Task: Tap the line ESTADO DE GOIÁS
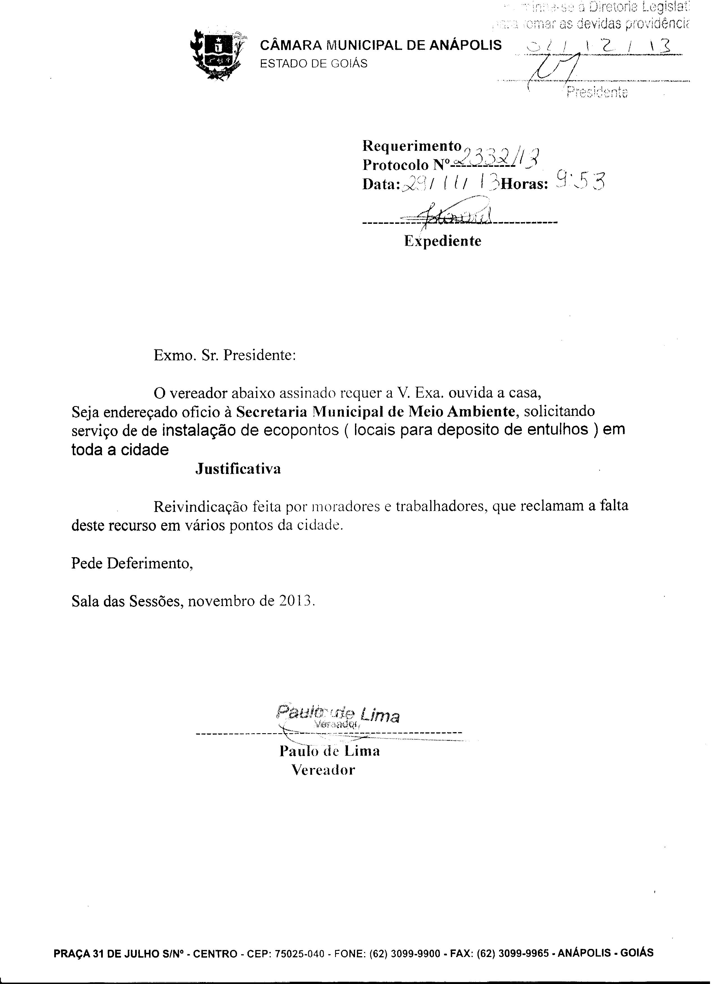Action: [313, 63]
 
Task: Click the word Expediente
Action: [443, 241]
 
